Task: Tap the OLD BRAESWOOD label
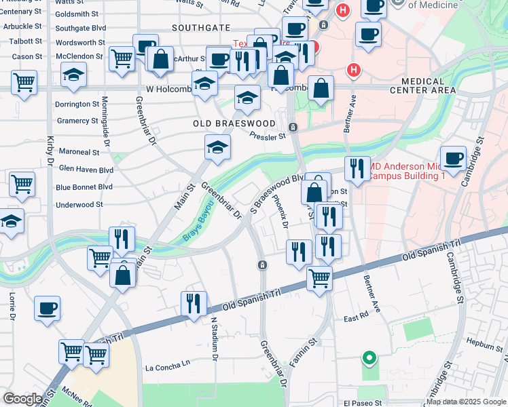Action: pos(234,123)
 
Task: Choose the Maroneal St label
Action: pos(79,153)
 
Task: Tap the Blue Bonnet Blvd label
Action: pos(85,187)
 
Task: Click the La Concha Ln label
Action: pos(168,368)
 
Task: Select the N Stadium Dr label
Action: pos(214,338)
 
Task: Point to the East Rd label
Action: pos(355,317)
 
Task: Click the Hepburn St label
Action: pos(482,345)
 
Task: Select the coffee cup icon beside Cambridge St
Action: pos(453,158)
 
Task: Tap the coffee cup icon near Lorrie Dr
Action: pos(48,308)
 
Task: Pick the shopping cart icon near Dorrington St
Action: pos(24,83)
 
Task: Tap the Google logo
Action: pos(23,399)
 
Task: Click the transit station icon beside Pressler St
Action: pos(293,128)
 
